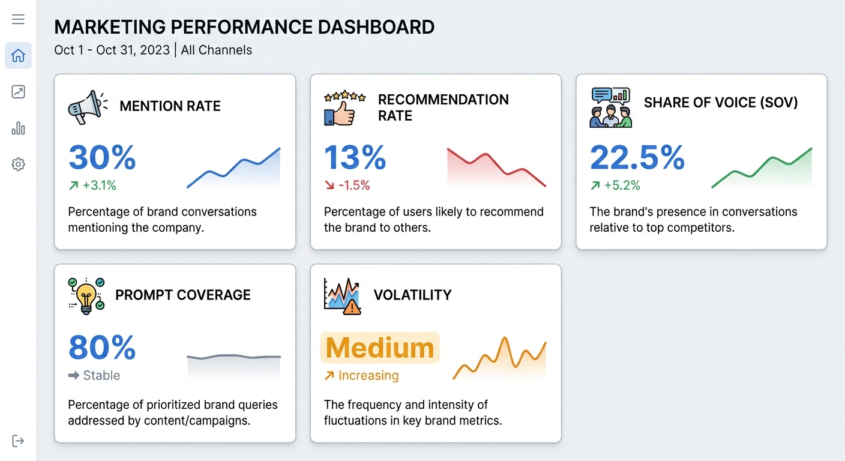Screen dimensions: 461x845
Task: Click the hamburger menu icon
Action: (x=18, y=19)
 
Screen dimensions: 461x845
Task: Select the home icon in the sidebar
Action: (x=18, y=56)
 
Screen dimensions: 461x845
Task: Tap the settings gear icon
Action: (x=18, y=164)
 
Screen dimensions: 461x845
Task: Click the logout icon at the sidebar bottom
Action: (x=18, y=441)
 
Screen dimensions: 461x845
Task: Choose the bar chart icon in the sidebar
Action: (x=18, y=128)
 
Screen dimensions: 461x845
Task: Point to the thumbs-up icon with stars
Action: (x=344, y=108)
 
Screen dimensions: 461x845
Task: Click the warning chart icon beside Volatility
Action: (x=343, y=295)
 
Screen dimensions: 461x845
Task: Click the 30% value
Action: (x=102, y=157)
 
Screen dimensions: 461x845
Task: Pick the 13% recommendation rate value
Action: (x=355, y=157)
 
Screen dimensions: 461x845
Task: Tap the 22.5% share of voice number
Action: (x=637, y=157)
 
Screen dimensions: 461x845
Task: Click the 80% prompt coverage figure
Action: (x=102, y=347)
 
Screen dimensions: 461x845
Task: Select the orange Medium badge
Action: (x=380, y=348)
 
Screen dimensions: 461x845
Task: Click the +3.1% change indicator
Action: (x=93, y=185)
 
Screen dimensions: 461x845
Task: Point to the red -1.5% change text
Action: (x=347, y=185)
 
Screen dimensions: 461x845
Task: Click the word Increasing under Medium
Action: (x=368, y=376)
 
